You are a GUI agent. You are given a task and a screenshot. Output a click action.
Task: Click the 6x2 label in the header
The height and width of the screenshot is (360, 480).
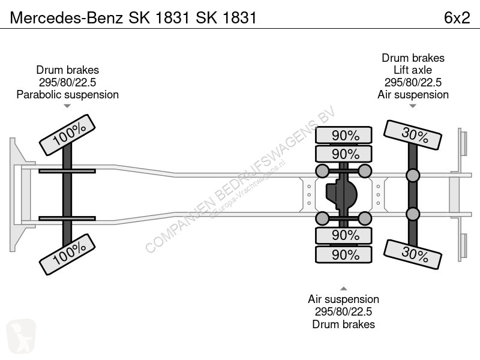pyautogui.click(x=457, y=17)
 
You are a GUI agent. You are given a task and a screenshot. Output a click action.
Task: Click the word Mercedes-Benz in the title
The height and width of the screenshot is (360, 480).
pyautogui.click(x=67, y=17)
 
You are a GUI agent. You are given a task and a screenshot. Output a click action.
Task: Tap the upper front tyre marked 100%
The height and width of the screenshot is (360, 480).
pyautogui.click(x=67, y=135)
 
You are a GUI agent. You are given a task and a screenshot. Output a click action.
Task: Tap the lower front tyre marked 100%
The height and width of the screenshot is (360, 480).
pyautogui.click(x=67, y=254)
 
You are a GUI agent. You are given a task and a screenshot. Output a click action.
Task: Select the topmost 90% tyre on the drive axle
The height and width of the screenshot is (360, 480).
pyautogui.click(x=344, y=135)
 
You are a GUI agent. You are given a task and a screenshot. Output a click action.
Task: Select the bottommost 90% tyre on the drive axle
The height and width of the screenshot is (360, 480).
pyautogui.click(x=344, y=254)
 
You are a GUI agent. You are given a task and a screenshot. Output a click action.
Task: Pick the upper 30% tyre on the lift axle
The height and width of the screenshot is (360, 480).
pyautogui.click(x=413, y=135)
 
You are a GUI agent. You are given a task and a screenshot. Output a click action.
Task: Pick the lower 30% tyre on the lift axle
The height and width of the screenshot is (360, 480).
pyautogui.click(x=413, y=254)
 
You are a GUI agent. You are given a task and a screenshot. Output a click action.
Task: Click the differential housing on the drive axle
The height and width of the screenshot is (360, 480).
pyautogui.click(x=341, y=194)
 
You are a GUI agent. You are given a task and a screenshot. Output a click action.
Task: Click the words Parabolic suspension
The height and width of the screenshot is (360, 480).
pyautogui.click(x=68, y=95)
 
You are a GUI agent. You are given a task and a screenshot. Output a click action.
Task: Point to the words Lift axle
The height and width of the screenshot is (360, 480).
pyautogui.click(x=413, y=70)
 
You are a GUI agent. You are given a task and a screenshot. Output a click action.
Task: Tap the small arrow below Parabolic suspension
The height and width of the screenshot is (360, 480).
pyautogui.click(x=67, y=106)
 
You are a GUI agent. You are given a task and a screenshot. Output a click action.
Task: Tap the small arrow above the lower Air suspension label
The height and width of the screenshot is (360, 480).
pyautogui.click(x=343, y=289)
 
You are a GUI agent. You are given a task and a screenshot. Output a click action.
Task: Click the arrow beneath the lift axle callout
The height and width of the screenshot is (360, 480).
pyautogui.click(x=413, y=106)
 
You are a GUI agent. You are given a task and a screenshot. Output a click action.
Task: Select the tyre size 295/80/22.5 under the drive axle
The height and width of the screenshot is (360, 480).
pyautogui.click(x=343, y=311)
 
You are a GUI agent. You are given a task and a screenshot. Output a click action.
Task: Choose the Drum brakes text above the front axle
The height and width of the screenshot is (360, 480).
pyautogui.click(x=68, y=70)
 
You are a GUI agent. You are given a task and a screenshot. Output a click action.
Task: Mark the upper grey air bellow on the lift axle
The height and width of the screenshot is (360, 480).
pyautogui.click(x=413, y=176)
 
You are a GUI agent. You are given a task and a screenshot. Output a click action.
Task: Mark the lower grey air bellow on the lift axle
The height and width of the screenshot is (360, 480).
pyautogui.click(x=413, y=214)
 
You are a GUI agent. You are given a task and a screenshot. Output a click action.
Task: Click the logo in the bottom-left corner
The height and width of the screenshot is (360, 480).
pyautogui.click(x=21, y=336)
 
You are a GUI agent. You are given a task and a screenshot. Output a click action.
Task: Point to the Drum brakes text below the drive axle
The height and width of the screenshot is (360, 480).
pyautogui.click(x=343, y=324)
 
